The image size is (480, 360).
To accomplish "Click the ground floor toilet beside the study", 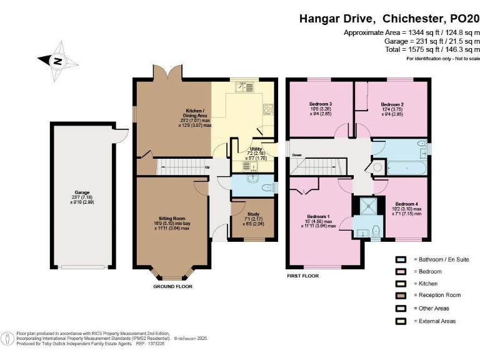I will pyautogui.click(x=266, y=186).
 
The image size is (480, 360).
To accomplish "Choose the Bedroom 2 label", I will pyautogui.click(x=392, y=104).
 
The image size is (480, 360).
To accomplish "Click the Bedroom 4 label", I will pyautogui.click(x=407, y=204).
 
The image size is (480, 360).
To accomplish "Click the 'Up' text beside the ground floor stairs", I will pyautogui.click(x=207, y=167).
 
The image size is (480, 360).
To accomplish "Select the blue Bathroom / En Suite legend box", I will pyautogui.click(x=401, y=259).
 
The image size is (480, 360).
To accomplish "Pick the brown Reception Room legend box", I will pyautogui.click(x=401, y=296).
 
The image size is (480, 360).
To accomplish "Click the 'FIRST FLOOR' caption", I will pyautogui.click(x=302, y=276).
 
